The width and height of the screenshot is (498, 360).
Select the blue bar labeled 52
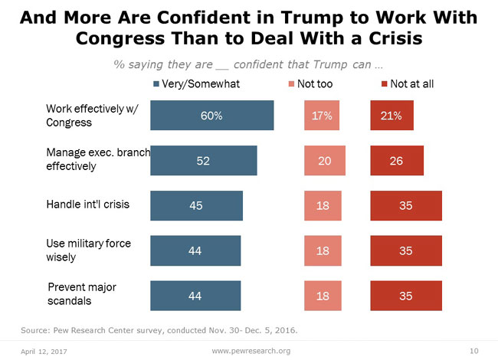[x=203, y=160]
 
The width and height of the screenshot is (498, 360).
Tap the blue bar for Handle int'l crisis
[x=196, y=205]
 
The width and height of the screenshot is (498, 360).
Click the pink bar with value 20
[x=325, y=160]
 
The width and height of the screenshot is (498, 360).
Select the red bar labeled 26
[x=396, y=160]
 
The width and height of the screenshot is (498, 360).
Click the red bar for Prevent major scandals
[x=406, y=295]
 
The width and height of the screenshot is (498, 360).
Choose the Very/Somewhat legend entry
[x=197, y=84]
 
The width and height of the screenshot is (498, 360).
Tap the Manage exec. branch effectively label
[x=97, y=159]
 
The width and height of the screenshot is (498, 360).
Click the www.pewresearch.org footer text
[x=251, y=349]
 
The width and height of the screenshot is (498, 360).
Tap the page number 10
[x=473, y=349]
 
